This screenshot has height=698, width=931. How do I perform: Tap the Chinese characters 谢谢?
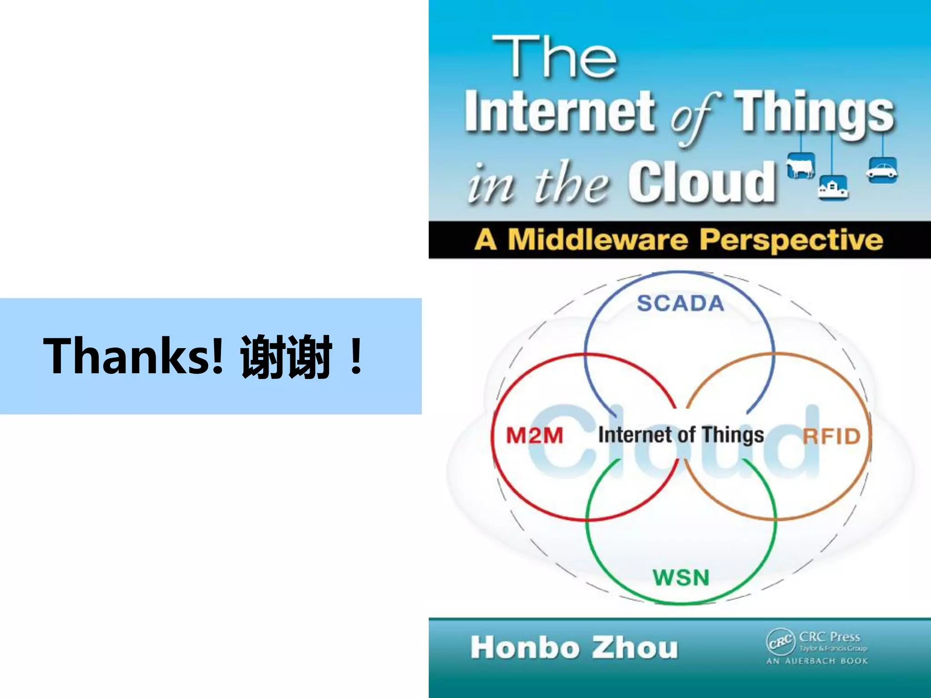[285, 357]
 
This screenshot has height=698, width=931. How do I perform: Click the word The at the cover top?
[555, 58]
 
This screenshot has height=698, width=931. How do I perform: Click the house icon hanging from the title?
[832, 187]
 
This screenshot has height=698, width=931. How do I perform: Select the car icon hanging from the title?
[882, 170]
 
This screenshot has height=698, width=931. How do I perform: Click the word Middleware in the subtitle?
[598, 240]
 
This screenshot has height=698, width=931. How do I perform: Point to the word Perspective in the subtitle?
[791, 240]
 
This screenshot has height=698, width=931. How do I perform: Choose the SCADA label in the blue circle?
[680, 303]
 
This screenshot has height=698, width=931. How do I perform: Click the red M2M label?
[535, 436]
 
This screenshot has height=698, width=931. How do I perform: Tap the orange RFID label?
[831, 436]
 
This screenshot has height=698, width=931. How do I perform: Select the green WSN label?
[681, 578]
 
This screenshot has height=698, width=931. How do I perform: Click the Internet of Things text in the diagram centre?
[681, 435]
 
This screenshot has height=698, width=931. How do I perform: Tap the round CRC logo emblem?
[781, 642]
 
